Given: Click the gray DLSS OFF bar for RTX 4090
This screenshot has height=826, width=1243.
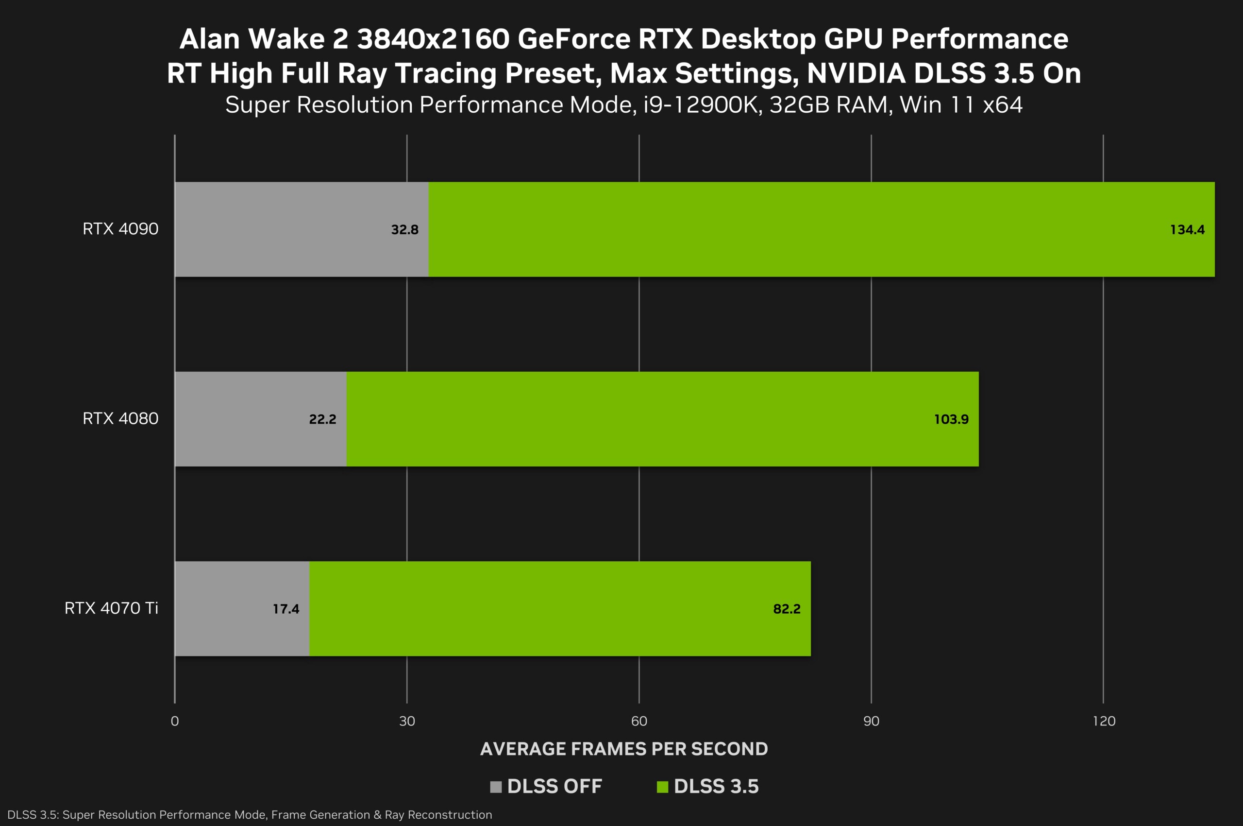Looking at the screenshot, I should (285, 229).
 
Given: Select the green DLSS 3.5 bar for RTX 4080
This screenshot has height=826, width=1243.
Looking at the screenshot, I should (632, 419).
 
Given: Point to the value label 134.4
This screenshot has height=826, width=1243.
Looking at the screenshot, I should (1187, 230).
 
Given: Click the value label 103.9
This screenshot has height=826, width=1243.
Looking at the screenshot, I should (951, 419).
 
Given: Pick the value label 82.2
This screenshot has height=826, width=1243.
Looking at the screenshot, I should (787, 609).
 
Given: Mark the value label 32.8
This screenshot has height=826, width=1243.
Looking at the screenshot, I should (404, 230).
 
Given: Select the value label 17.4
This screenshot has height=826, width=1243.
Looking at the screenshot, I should (286, 609).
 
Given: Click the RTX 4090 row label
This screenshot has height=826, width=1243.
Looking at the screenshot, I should (120, 229).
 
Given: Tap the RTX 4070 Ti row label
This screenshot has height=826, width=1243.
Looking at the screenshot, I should (111, 608).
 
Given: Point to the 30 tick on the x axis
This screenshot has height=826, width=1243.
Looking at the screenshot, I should (407, 721).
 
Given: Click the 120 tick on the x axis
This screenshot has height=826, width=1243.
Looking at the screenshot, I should (1104, 721).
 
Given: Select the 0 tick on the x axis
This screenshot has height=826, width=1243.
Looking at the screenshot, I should (175, 721).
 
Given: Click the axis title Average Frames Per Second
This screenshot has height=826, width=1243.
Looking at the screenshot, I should (624, 749).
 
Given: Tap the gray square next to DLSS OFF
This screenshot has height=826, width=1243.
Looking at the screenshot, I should (495, 787).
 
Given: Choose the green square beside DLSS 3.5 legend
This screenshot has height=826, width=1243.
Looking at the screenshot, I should (662, 787).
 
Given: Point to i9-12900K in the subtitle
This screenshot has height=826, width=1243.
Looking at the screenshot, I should (702, 105).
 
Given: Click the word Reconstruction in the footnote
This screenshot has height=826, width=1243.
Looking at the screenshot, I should (450, 815).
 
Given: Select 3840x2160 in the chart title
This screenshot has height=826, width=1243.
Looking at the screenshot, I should (433, 39).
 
